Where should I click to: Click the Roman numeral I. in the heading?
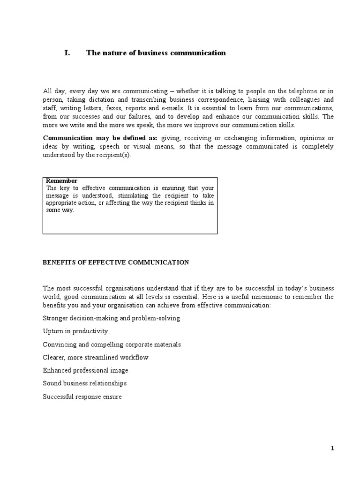pyautogui.click(x=67, y=53)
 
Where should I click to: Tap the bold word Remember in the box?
pyautogui.click(x=61, y=181)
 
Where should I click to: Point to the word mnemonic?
pyautogui.click(x=261, y=297)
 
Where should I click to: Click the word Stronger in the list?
pyautogui.click(x=55, y=318)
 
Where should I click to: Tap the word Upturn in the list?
pyautogui.click(x=53, y=331)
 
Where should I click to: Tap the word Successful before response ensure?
pyautogui.click(x=58, y=397)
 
